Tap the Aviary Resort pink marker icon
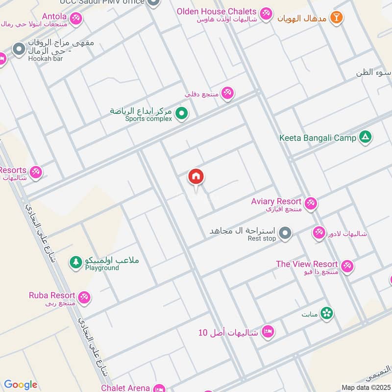click(310, 203)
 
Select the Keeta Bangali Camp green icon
click(365, 137)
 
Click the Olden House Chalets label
click(217, 11)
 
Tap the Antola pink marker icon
click(75, 19)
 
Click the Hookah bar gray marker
click(19, 49)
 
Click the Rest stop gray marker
click(286, 233)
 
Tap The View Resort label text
click(307, 264)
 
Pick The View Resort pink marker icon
click(347, 266)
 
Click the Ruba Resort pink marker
click(84, 297)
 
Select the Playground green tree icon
click(75, 263)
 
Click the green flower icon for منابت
click(327, 314)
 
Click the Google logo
click(21, 385)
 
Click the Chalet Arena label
click(125, 388)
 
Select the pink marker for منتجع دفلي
click(227, 93)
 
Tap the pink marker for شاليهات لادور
click(319, 233)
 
